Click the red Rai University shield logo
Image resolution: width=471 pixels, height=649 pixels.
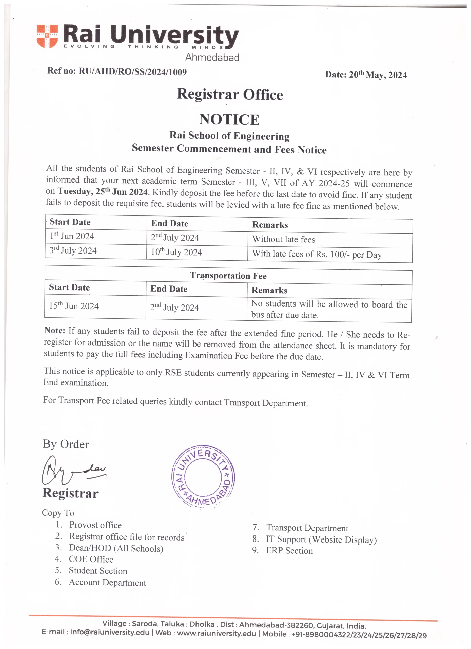47,36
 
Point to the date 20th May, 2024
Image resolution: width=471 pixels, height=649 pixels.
366,75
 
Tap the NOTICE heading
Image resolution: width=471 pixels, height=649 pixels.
229,119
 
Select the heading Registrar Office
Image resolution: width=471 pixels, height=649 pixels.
230,94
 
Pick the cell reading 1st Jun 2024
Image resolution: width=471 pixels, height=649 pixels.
72,236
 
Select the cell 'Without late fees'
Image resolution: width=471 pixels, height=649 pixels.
284,239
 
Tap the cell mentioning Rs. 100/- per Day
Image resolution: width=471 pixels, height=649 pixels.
317,254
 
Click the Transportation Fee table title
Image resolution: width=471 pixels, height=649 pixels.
228,276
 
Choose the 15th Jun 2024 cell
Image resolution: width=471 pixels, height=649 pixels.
74,306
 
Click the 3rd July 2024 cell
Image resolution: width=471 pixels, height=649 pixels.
73,251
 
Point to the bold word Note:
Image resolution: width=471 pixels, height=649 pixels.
55,331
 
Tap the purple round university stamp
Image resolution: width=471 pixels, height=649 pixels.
203,476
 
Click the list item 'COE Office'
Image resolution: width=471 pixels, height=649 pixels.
91,559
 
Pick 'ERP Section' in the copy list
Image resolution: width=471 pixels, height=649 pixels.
289,551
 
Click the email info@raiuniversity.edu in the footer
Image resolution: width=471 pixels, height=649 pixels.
110,632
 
